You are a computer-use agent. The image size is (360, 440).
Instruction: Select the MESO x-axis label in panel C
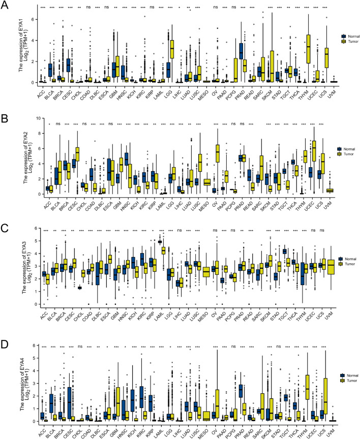point(204,311)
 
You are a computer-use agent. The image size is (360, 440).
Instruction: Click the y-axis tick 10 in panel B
point(32,117)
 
